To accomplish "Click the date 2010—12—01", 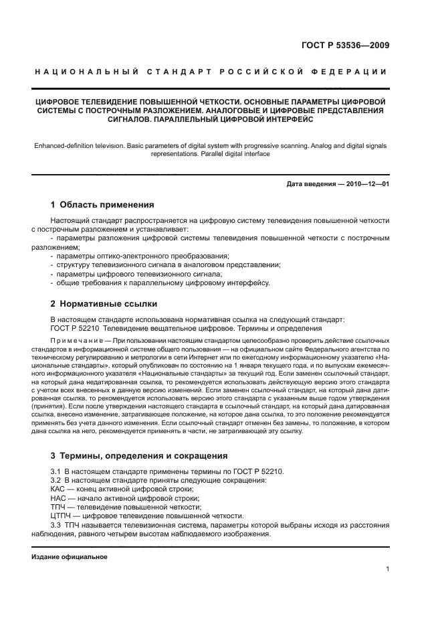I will (x=365, y=184).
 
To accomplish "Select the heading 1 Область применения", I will (x=102, y=205).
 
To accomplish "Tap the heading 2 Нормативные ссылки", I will (x=104, y=303).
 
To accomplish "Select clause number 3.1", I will (x=56, y=471).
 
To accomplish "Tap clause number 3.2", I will (x=56, y=481).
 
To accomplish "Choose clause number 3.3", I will (x=56, y=525).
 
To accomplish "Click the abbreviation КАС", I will (x=58, y=489).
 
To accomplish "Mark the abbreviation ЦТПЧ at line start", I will (x=61, y=516).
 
